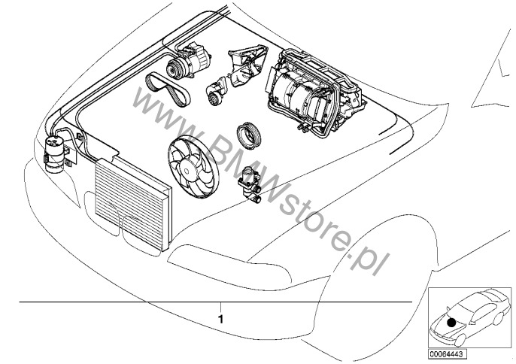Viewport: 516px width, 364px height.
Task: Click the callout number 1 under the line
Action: (x=220, y=318)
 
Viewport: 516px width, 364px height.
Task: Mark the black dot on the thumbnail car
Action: (x=451, y=322)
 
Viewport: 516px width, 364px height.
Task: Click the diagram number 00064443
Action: (x=444, y=353)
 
